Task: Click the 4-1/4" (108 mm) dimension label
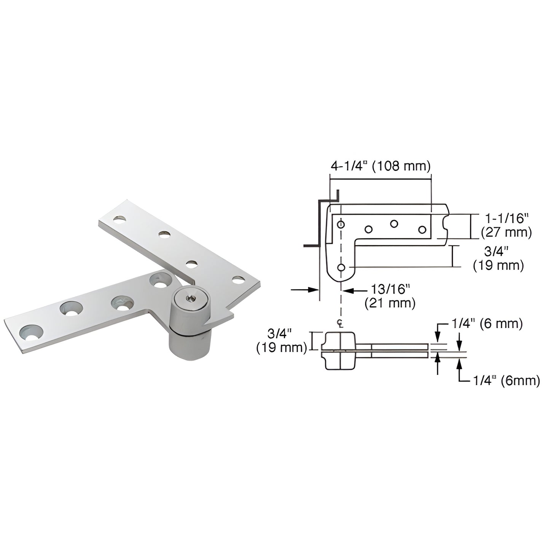coord(380,166)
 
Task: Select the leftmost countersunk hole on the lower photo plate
coord(31,332)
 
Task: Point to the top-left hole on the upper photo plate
coord(120,220)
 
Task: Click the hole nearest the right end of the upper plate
coord(238,281)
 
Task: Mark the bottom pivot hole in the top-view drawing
coord(341,268)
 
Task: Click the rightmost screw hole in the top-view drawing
coord(422,230)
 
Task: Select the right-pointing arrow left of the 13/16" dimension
coord(304,290)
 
